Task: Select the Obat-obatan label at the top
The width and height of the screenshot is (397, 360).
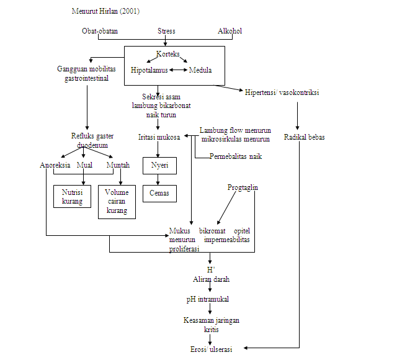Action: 100,31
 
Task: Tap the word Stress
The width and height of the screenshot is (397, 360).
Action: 166,31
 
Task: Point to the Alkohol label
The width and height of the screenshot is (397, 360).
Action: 230,31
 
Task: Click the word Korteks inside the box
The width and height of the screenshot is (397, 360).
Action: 168,55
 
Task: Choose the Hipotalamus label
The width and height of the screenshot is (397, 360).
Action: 149,70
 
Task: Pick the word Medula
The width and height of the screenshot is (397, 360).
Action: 200,70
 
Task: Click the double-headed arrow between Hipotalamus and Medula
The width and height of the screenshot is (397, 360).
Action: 178,70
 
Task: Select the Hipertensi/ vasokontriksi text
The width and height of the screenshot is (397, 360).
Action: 282,93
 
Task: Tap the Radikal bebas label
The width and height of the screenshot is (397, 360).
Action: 305,137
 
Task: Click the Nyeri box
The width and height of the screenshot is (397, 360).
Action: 159,166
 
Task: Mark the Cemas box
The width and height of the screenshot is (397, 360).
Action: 159,193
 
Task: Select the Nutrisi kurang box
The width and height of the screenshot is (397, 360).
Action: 72,197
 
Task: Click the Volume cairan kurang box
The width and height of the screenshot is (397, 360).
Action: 117,202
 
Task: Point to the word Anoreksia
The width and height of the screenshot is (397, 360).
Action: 55,165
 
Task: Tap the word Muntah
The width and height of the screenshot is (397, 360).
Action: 118,165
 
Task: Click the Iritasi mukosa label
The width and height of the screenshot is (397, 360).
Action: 159,137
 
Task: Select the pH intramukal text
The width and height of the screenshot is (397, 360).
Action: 208,299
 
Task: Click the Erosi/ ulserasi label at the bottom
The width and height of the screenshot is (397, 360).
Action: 211,349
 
